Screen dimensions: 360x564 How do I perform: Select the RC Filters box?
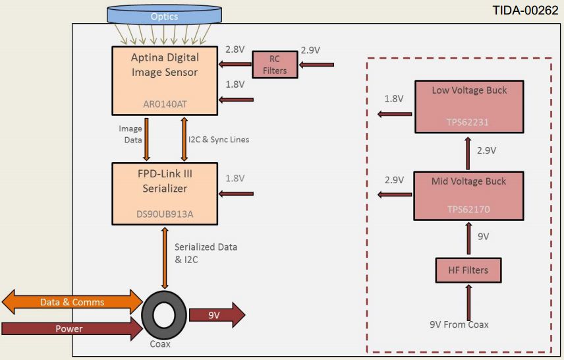click(275, 65)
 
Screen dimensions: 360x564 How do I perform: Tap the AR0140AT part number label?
click(165, 104)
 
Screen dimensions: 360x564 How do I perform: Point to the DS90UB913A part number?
click(165, 215)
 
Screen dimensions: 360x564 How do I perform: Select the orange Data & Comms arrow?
click(72, 302)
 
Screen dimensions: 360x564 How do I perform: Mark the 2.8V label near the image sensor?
click(235, 50)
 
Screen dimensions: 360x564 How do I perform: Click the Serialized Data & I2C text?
click(206, 253)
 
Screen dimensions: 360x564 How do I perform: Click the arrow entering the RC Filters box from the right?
click(317, 65)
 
